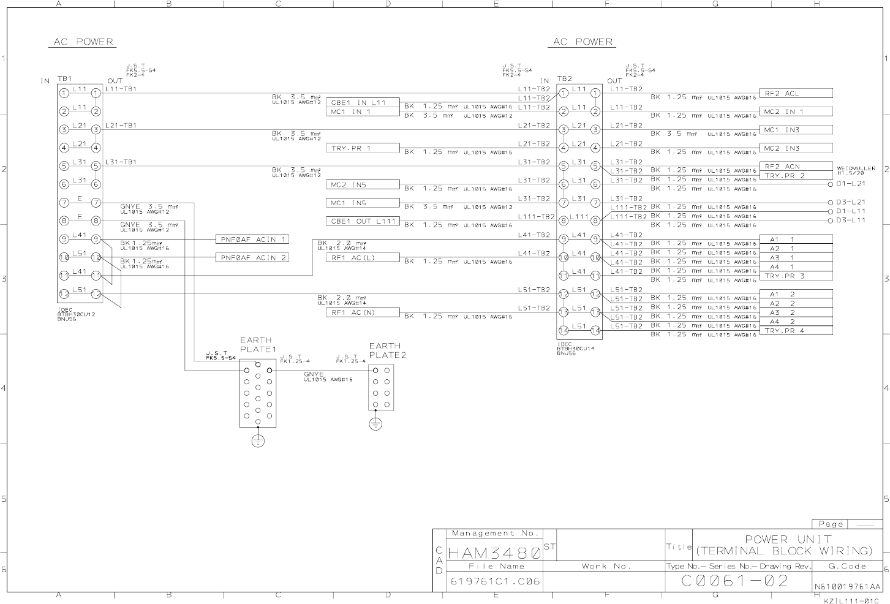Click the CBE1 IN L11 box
(x=363, y=102)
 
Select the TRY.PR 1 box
(x=363, y=148)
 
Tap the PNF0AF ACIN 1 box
(x=252, y=240)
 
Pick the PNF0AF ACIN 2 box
(x=252, y=258)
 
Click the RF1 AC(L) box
(x=363, y=258)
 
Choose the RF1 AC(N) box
(x=363, y=312)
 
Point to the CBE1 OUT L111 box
(x=363, y=221)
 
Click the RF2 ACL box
(x=796, y=94)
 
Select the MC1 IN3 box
(x=796, y=130)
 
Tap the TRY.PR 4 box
(x=796, y=331)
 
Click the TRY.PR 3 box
(x=796, y=276)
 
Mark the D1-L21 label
(x=851, y=184)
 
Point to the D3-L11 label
(x=851, y=220)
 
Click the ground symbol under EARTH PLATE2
(x=375, y=423)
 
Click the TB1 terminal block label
(x=64, y=79)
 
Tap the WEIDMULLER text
(x=856, y=168)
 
